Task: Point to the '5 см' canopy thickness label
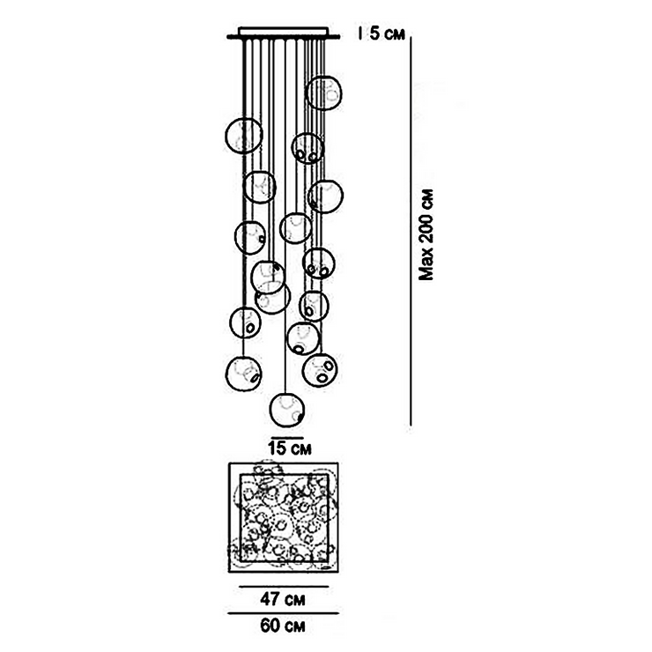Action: point(388,35)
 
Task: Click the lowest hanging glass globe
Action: point(286,410)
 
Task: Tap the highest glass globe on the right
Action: point(322,92)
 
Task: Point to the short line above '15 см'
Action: point(285,435)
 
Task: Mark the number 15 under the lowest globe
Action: point(275,448)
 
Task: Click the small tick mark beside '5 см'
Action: point(362,35)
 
